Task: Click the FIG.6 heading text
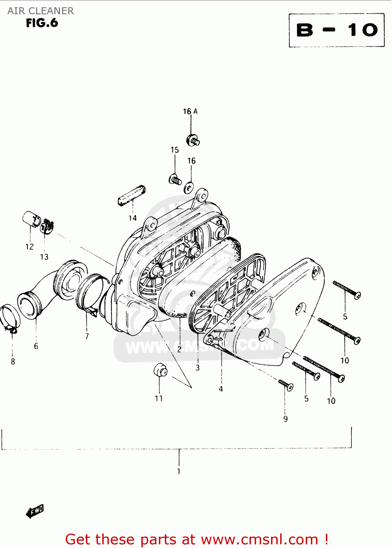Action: click(x=42, y=23)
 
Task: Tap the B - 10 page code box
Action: click(x=336, y=30)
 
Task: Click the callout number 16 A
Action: click(x=190, y=111)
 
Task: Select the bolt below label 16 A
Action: click(x=193, y=140)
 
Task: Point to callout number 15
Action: click(x=175, y=150)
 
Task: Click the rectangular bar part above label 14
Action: click(x=132, y=196)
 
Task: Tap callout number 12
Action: click(x=30, y=247)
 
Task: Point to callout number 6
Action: click(x=36, y=346)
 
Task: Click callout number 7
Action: click(x=87, y=336)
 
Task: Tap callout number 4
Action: click(x=221, y=389)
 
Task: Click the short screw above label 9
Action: click(x=286, y=384)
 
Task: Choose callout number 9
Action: click(x=285, y=419)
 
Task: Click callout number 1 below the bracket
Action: click(x=179, y=471)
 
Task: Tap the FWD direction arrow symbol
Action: click(x=35, y=511)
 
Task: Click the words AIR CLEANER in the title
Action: click(x=41, y=11)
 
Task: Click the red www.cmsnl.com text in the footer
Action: click(x=259, y=539)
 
